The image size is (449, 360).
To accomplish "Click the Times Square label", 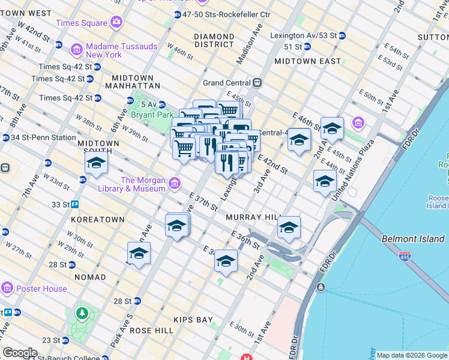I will coord(81,23).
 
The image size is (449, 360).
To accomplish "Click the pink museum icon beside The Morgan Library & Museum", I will coord(174,182).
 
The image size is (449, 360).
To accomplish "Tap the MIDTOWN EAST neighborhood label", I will coord(307,61).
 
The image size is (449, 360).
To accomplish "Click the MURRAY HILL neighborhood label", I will coord(250,217).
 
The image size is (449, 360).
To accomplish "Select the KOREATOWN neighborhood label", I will coord(98,220).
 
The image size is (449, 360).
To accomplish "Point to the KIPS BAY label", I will coord(193,320).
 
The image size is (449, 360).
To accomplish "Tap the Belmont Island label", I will coord(413,239).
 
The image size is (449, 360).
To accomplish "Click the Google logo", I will coord(20,353).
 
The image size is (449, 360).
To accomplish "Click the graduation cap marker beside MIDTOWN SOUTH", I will coord(96,164).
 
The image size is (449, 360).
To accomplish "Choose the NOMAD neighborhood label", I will coord(90,277).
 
